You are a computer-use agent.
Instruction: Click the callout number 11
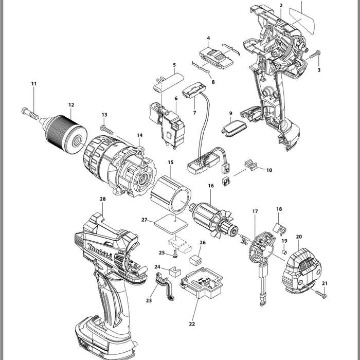point(34,84)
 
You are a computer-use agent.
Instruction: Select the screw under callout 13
point(107,130)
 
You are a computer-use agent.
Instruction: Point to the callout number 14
point(139,135)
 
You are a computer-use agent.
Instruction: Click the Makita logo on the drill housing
point(100,252)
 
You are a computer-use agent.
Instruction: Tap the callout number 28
point(103,199)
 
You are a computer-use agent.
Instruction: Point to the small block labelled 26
point(195,260)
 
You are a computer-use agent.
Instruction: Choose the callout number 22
point(192,324)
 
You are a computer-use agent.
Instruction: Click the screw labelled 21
point(320,294)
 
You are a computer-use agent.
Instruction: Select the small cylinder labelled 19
point(284,252)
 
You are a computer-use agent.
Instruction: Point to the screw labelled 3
point(315,55)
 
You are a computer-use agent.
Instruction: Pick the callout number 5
point(174,65)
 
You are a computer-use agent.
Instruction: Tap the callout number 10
point(269,170)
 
